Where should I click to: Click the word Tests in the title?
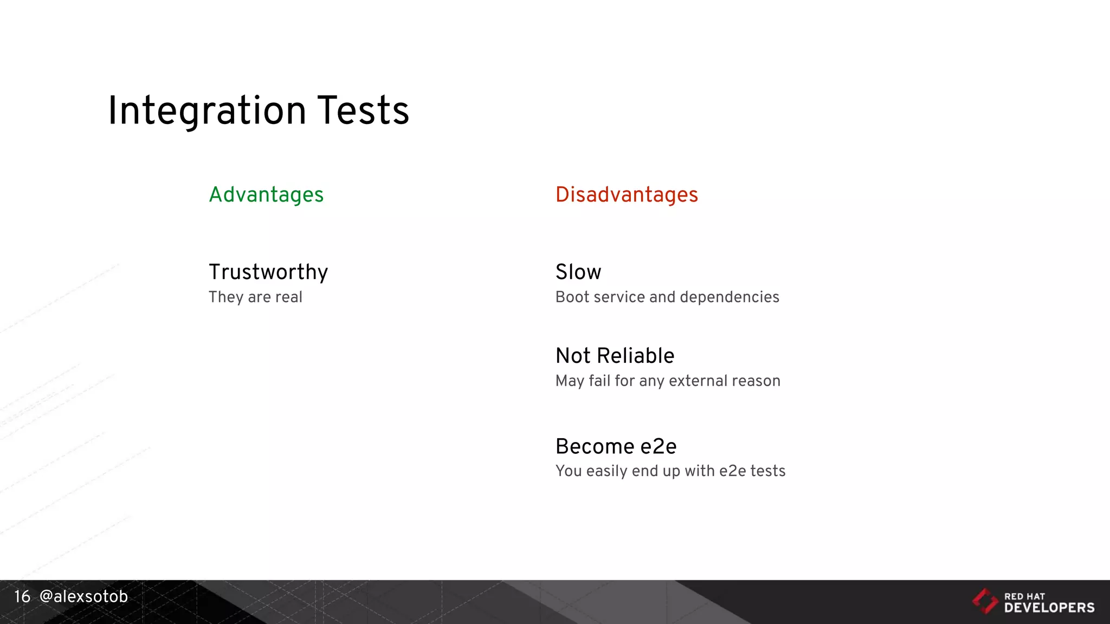pos(363,111)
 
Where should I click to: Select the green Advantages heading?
pos(266,195)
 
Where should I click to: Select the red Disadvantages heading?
pos(627,195)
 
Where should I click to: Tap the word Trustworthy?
pos(268,272)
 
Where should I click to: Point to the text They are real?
pos(255,297)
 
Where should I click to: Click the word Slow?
pos(578,272)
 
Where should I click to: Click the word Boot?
pos(572,297)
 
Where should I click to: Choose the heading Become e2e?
pos(616,446)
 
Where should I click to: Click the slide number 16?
pos(22,596)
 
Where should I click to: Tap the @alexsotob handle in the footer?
pos(83,596)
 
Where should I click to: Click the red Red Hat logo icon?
pos(985,601)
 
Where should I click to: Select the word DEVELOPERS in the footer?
pos(1049,608)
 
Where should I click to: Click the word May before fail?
pos(570,381)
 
